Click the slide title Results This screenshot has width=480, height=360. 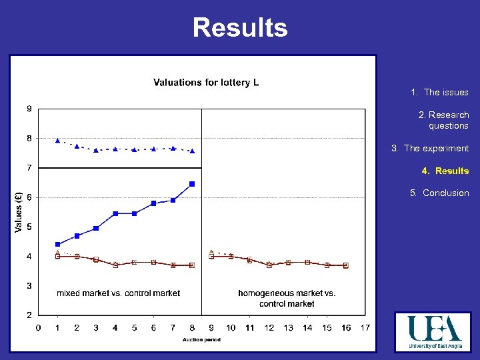pyautogui.click(x=240, y=28)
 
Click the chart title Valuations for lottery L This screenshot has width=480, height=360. pyautogui.click(x=206, y=83)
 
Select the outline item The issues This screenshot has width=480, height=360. pyautogui.click(x=439, y=93)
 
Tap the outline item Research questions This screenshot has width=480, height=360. pyautogui.click(x=443, y=120)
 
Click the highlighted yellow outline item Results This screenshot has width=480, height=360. pyautogui.click(x=445, y=171)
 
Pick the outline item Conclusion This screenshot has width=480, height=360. pyautogui.click(x=439, y=193)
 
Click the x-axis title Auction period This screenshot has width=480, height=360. pyautogui.click(x=201, y=339)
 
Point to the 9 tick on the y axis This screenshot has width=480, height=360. pyautogui.click(x=29, y=109)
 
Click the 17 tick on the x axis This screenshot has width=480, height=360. pyautogui.click(x=365, y=327)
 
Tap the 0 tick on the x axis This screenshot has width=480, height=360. pyautogui.click(x=38, y=327)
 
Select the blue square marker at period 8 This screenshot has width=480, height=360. pyautogui.click(x=192, y=184)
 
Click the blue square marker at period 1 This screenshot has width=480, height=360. pyautogui.click(x=57, y=244)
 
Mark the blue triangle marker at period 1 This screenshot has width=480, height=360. pyautogui.click(x=57, y=140)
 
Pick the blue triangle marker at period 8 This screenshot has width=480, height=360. pyautogui.click(x=192, y=151)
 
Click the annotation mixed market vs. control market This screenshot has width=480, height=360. pyautogui.click(x=119, y=293)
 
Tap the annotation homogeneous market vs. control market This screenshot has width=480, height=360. pyautogui.click(x=287, y=298)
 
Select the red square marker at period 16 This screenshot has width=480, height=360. pyautogui.click(x=345, y=265)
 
